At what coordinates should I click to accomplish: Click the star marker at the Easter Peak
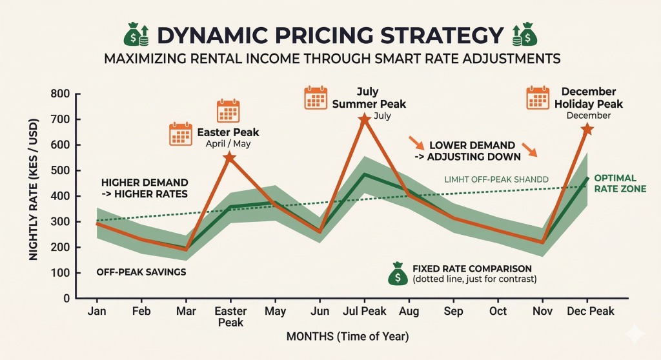[229, 157]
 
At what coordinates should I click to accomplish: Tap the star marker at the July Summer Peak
[364, 119]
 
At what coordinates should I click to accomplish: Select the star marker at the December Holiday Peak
[587, 130]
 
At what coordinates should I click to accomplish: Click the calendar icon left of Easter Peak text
[180, 134]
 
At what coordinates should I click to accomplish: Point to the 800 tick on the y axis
[61, 94]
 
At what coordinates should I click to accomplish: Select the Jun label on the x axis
[319, 312]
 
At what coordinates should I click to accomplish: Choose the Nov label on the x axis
[542, 312]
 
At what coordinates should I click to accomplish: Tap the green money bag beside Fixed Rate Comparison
[396, 274]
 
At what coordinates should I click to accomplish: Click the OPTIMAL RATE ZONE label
[615, 183]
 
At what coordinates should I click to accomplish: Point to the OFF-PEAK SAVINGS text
[141, 272]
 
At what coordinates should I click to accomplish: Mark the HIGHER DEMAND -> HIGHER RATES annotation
[145, 188]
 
